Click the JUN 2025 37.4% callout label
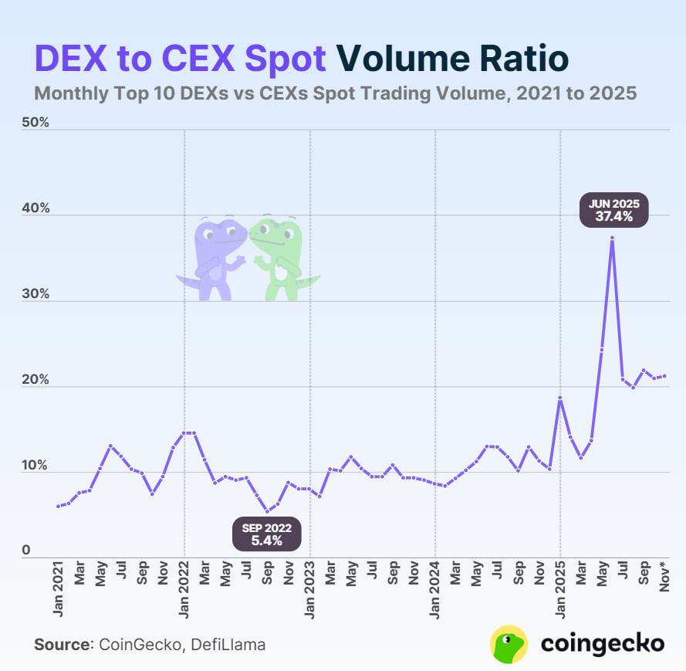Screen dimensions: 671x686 614,211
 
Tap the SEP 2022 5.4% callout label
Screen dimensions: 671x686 267,534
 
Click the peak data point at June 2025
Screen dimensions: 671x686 612,238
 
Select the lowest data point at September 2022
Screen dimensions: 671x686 267,511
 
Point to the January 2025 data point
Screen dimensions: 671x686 560,398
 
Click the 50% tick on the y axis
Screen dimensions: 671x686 35,124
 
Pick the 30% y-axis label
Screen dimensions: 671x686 35,295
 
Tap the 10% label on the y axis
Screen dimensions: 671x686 35,466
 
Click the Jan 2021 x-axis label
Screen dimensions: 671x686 59,591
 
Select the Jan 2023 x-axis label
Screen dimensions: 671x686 310,591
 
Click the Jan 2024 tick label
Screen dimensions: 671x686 436,591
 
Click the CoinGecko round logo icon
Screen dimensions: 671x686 509,644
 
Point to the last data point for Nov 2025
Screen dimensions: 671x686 664,376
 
